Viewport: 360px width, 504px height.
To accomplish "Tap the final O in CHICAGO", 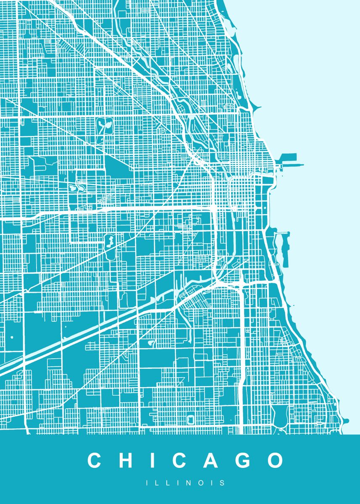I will point(275,460).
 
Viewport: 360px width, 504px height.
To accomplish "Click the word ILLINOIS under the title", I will point(185,483).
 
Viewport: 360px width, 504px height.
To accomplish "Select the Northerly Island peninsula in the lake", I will point(285,250).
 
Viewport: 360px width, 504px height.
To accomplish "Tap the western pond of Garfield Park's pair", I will point(72,187).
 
